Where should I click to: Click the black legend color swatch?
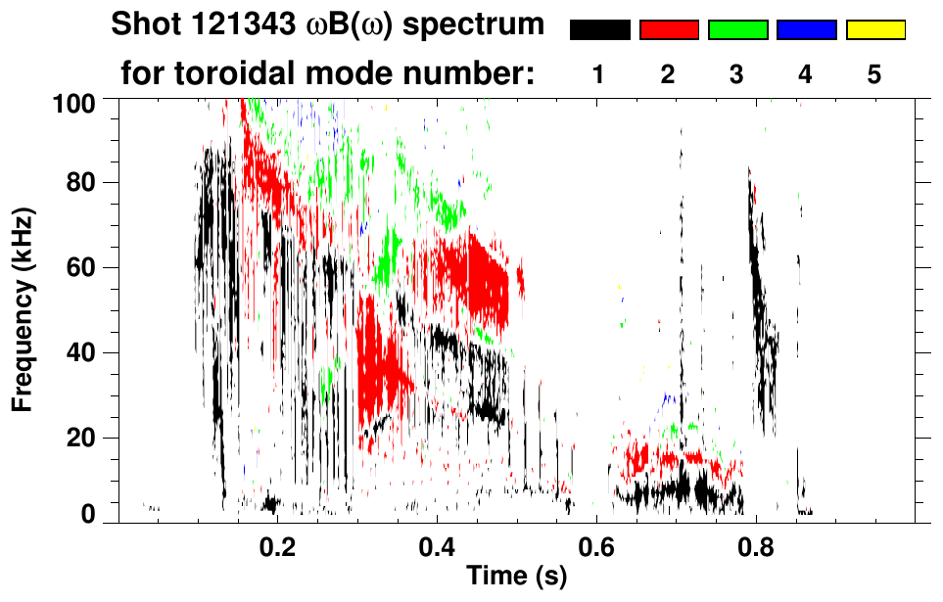tap(599, 30)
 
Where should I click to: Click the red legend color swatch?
tap(669, 30)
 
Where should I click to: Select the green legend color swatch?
tap(737, 30)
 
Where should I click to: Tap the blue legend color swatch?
tap(806, 30)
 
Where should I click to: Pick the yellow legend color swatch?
tap(875, 30)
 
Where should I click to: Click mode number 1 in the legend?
tap(599, 75)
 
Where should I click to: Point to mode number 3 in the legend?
tap(737, 75)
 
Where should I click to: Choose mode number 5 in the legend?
tap(875, 75)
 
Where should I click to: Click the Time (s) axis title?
tap(516, 577)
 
